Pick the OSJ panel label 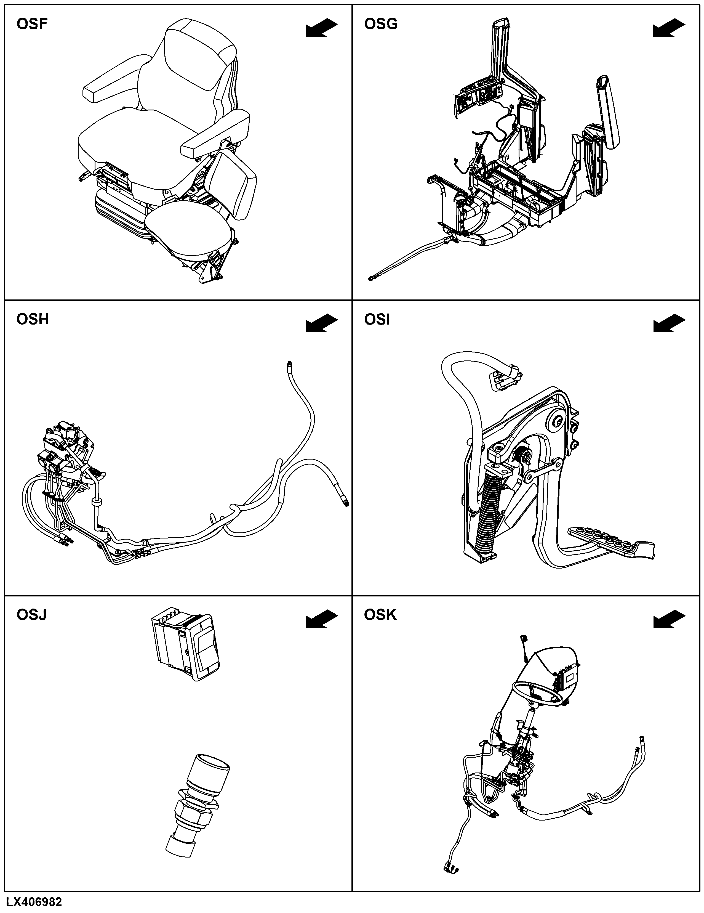[31, 615]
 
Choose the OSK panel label [380, 615]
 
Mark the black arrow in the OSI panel [669, 323]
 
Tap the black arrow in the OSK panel [669, 619]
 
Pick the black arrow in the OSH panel [322, 323]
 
